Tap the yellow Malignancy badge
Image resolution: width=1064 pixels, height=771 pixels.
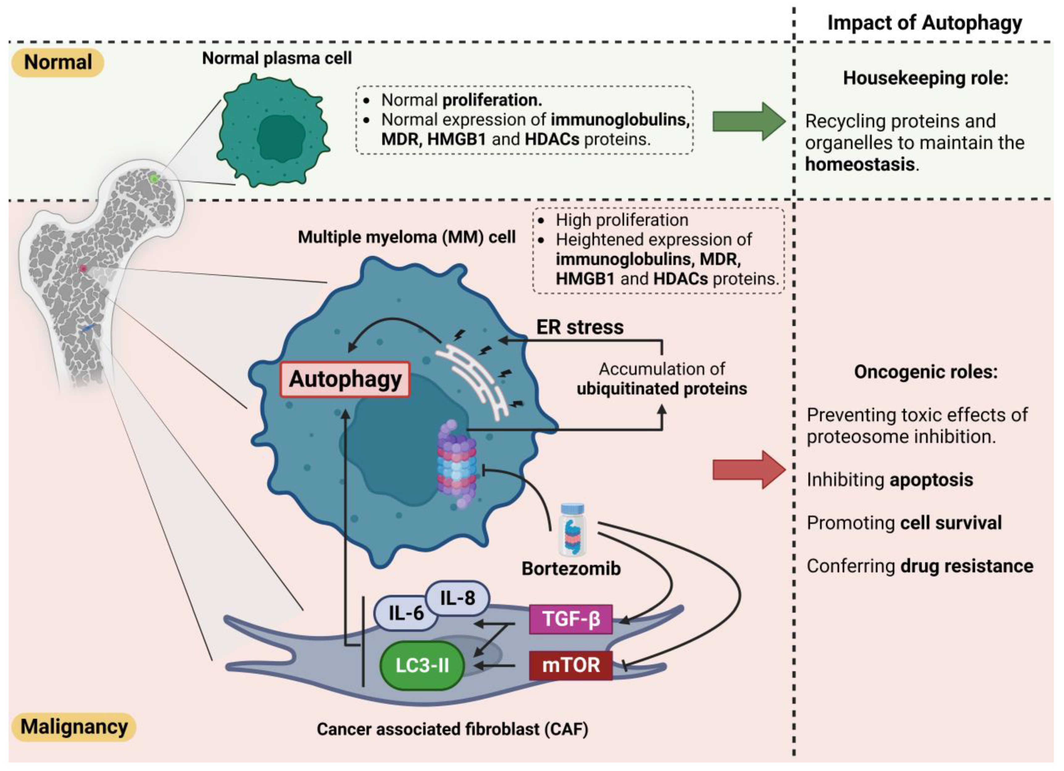point(74,727)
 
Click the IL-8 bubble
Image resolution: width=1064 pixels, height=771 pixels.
point(458,598)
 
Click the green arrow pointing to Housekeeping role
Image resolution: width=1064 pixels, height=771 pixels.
point(748,121)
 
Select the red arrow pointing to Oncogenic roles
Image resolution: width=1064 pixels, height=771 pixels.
point(748,469)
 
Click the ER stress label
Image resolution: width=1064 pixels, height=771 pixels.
point(580,327)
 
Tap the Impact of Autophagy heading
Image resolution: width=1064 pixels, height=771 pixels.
point(924,23)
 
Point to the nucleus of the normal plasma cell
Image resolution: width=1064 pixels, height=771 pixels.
point(281,137)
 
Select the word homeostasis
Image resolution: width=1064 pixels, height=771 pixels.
point(860,164)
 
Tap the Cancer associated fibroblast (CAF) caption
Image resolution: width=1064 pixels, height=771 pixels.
point(452,729)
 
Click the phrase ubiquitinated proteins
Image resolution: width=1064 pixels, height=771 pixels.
point(661,389)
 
